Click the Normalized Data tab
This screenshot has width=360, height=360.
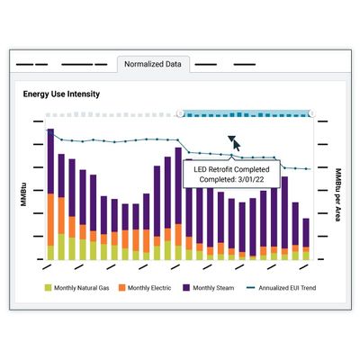click(153, 64)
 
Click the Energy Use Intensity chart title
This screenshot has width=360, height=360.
click(61, 94)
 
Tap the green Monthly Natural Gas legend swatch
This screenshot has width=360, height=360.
click(48, 288)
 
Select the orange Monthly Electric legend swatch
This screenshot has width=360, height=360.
click(121, 288)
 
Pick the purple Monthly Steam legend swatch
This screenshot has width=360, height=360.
click(186, 288)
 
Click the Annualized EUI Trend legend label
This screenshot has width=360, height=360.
click(287, 288)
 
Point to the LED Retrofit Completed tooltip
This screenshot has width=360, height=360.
click(231, 174)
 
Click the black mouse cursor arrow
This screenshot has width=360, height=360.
click(235, 143)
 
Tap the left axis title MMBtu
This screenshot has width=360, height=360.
click(23, 194)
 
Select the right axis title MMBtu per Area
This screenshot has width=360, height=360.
click(338, 195)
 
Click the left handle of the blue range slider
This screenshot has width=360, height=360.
click(180, 113)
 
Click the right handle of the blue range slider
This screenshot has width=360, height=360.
click(312, 113)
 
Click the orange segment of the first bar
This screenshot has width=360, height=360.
click(50, 220)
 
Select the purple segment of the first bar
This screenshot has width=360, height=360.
click(50, 161)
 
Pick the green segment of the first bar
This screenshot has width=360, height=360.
click(50, 253)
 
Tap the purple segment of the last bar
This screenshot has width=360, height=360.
click(306, 233)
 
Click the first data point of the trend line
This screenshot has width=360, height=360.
click(48, 130)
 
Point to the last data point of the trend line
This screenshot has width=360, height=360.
click(306, 169)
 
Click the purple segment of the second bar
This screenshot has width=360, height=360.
click(61, 175)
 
